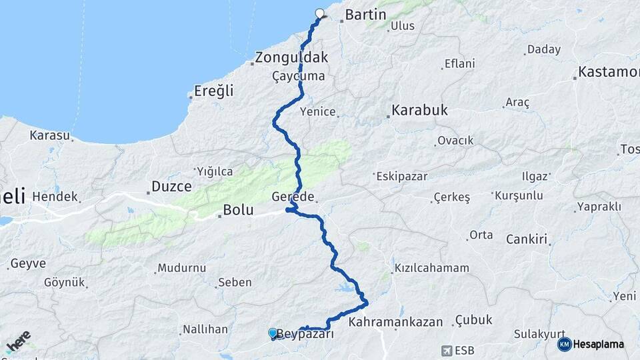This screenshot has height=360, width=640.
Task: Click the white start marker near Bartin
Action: pos(319,13)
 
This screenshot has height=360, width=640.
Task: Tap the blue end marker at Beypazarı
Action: pos(273,333)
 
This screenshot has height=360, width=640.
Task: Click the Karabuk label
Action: pos(419,110)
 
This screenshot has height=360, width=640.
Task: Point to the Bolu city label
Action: pos(238,210)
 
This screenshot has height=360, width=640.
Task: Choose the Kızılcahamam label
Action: pos(431,268)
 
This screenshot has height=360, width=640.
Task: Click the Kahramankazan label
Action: pos(396,322)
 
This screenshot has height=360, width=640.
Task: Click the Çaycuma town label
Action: pos(298,77)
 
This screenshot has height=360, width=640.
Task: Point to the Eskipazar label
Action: pos(401,177)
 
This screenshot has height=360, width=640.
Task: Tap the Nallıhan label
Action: pos(205,329)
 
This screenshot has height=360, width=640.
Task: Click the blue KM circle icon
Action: pos(564,344)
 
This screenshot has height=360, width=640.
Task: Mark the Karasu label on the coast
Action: pos(50,135)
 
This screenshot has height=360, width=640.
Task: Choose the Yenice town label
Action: pos(318,111)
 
